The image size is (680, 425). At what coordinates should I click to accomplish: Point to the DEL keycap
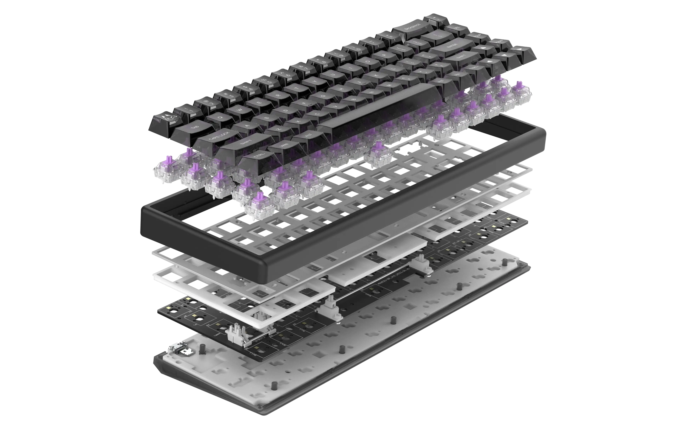click(456, 29)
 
